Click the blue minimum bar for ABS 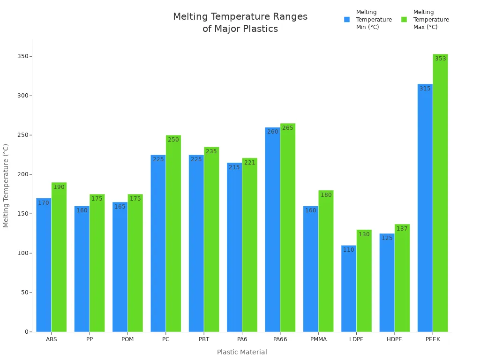pyautogui.click(x=44, y=265)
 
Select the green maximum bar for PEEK pyautogui.click(x=440, y=193)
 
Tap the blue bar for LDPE pyautogui.click(x=349, y=288)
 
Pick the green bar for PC pyautogui.click(x=173, y=233)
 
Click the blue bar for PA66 pyautogui.click(x=272, y=230)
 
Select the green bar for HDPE pyautogui.click(x=402, y=278)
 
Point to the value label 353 pyautogui.click(x=440, y=59)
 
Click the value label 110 pyautogui.click(x=349, y=250)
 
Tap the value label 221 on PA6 pyautogui.click(x=250, y=163)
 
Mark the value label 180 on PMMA pyautogui.click(x=326, y=195)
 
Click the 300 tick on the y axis pyautogui.click(x=22, y=96)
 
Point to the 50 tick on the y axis pyautogui.click(x=23, y=292)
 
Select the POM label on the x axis pyautogui.click(x=127, y=339)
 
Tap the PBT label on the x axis pyautogui.click(x=204, y=339)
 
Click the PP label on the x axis pyautogui.click(x=90, y=339)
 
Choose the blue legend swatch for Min pyautogui.click(x=347, y=20)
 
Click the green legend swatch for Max pyautogui.click(x=404, y=20)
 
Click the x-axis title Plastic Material pyautogui.click(x=242, y=352)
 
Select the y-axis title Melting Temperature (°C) pyautogui.click(x=6, y=186)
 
